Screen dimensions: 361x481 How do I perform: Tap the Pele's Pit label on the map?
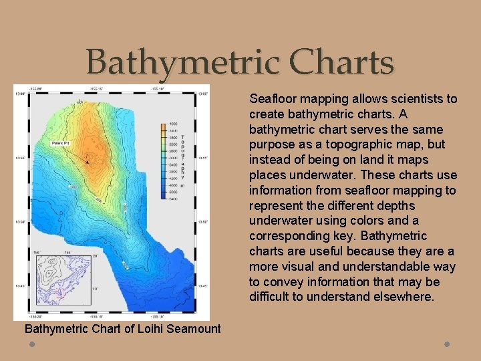point(62,143)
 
